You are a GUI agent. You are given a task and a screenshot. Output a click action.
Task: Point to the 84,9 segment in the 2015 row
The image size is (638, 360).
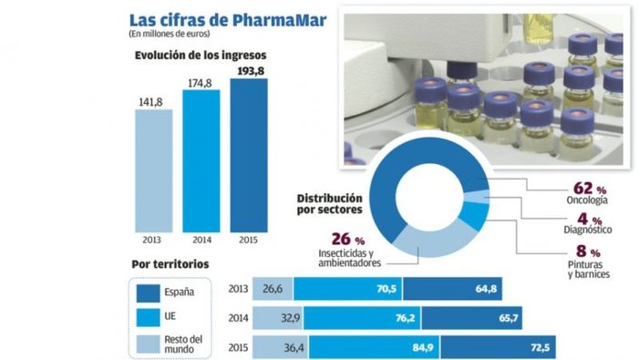375,348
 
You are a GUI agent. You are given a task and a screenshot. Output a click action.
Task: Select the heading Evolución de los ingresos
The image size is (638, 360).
201,55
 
